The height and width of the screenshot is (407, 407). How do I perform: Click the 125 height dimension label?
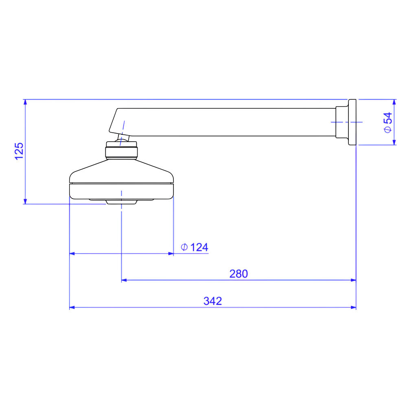pyautogui.click(x=19, y=151)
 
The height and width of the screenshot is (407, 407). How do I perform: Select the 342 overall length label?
pyautogui.click(x=212, y=301)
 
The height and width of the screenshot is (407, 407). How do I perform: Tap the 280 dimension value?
pyautogui.click(x=239, y=274)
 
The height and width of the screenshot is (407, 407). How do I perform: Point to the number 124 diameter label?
pyautogui.click(x=199, y=247)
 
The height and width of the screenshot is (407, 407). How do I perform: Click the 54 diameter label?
pyautogui.click(x=388, y=118)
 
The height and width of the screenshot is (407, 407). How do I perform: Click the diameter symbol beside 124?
pyautogui.click(x=184, y=247)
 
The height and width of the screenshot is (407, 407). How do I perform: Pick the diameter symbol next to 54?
pyautogui.click(x=388, y=129)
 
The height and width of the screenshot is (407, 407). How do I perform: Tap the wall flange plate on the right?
pyautogui.click(x=352, y=122)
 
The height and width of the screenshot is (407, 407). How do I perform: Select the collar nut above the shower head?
pyautogui.click(x=121, y=153)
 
